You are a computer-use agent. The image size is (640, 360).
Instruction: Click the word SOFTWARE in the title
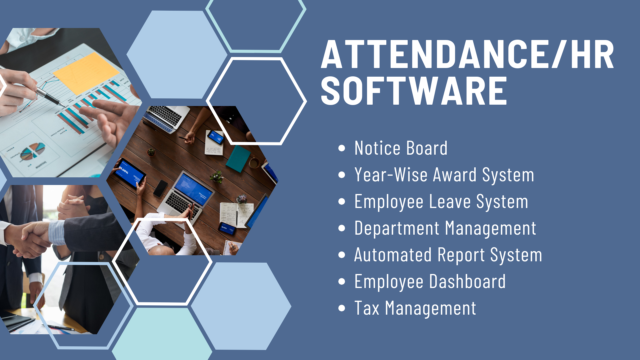(x=414, y=91)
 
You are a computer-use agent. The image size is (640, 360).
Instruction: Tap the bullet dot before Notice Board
(x=342, y=148)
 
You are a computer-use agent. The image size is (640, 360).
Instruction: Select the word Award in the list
(x=455, y=175)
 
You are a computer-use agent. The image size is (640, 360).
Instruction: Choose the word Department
(x=397, y=229)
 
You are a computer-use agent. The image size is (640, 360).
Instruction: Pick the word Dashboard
(x=467, y=281)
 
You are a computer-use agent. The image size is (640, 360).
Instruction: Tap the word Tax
(x=367, y=308)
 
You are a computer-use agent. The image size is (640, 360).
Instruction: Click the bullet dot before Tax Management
(x=342, y=308)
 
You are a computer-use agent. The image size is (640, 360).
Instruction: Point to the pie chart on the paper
(x=32, y=151)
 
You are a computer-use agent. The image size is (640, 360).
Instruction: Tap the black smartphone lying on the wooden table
(x=160, y=188)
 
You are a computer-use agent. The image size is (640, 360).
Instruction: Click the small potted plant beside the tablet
(x=151, y=152)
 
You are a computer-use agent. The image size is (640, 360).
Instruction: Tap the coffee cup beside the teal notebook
(x=254, y=163)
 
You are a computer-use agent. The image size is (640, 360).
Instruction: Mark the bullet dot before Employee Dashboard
(x=342, y=282)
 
